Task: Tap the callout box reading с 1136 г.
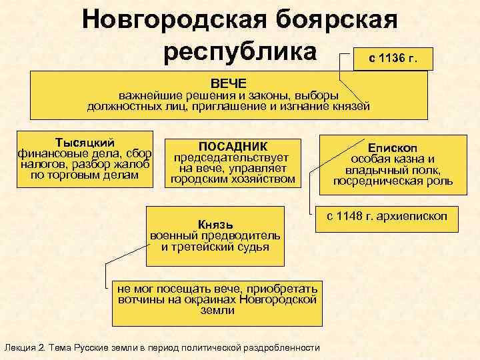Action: pos(393,58)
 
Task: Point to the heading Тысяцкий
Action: pos(85,143)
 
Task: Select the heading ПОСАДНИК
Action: pos(233,147)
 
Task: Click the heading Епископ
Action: pos(393,148)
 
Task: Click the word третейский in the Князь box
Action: pos(199,247)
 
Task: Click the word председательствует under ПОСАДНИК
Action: pos(231,158)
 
